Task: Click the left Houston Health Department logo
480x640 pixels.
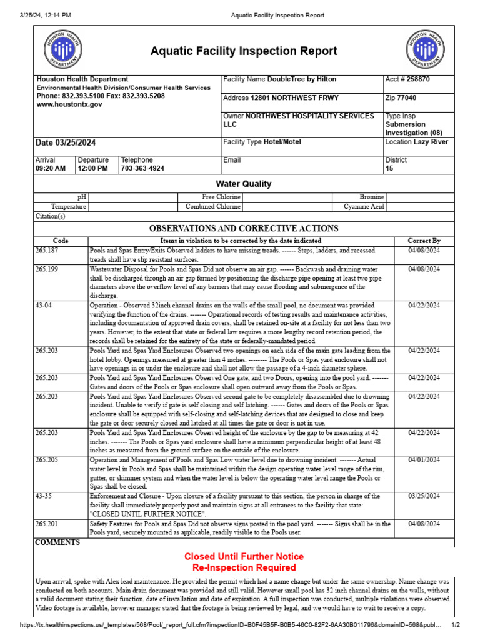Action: tap(62, 50)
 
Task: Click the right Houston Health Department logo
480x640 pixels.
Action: tap(426, 50)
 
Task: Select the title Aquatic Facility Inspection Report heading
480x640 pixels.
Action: tap(244, 51)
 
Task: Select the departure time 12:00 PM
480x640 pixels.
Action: tap(92, 169)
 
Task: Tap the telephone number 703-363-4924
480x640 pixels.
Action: tap(142, 169)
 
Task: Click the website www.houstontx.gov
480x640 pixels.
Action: tap(69, 105)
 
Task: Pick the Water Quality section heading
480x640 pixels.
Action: tap(244, 184)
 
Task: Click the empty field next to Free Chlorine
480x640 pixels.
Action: tap(286, 197)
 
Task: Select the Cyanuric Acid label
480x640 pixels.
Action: tap(364, 207)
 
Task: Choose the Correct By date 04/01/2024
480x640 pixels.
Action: tap(424, 460)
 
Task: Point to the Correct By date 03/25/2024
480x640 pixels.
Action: tap(424, 496)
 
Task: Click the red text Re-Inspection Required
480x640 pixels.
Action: tap(244, 567)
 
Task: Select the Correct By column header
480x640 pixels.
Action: tap(424, 241)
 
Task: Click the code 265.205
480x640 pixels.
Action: tap(47, 460)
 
